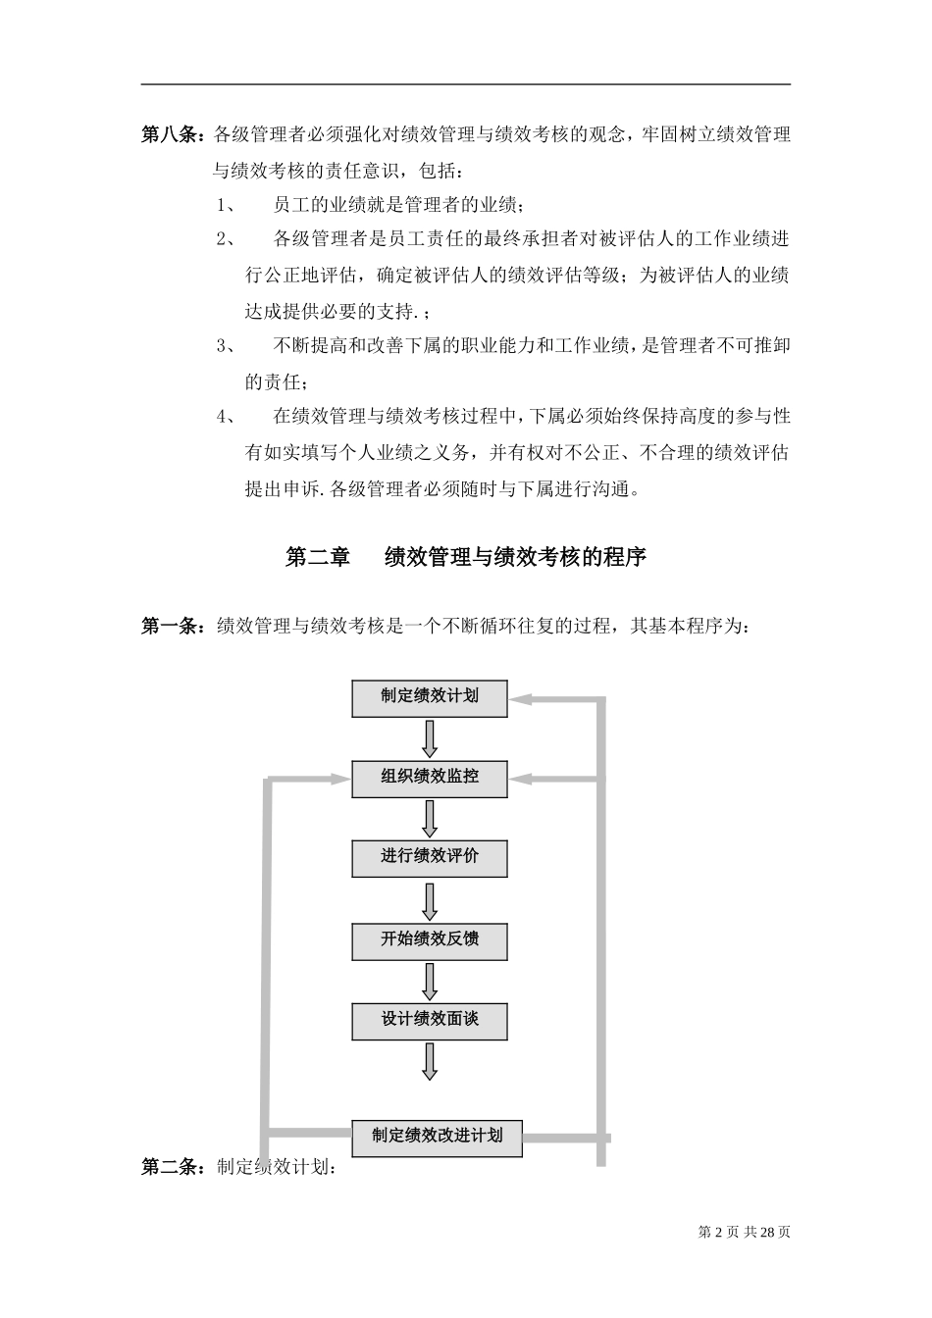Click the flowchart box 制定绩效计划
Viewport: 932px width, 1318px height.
click(430, 697)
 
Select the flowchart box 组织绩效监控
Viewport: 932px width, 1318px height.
click(430, 778)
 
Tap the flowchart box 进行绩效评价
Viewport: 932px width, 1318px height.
click(430, 858)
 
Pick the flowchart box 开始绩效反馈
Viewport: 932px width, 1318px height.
click(430, 939)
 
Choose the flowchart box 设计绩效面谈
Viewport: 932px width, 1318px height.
click(430, 1021)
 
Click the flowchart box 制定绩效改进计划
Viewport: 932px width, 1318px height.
click(437, 1137)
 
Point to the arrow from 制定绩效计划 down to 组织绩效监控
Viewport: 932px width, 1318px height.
click(430, 737)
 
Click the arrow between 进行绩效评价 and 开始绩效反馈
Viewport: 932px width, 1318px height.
click(430, 900)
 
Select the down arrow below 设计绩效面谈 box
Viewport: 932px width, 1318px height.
click(430, 1061)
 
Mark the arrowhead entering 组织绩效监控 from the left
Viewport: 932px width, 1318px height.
click(338, 780)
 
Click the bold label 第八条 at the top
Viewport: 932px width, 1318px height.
click(172, 134)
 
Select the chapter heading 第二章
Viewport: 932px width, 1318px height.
click(317, 557)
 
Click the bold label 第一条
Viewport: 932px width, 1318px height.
click(172, 626)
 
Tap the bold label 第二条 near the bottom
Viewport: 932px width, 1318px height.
click(172, 1167)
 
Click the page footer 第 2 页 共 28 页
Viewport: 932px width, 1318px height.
click(744, 1232)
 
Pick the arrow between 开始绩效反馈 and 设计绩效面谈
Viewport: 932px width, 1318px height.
click(430, 981)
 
